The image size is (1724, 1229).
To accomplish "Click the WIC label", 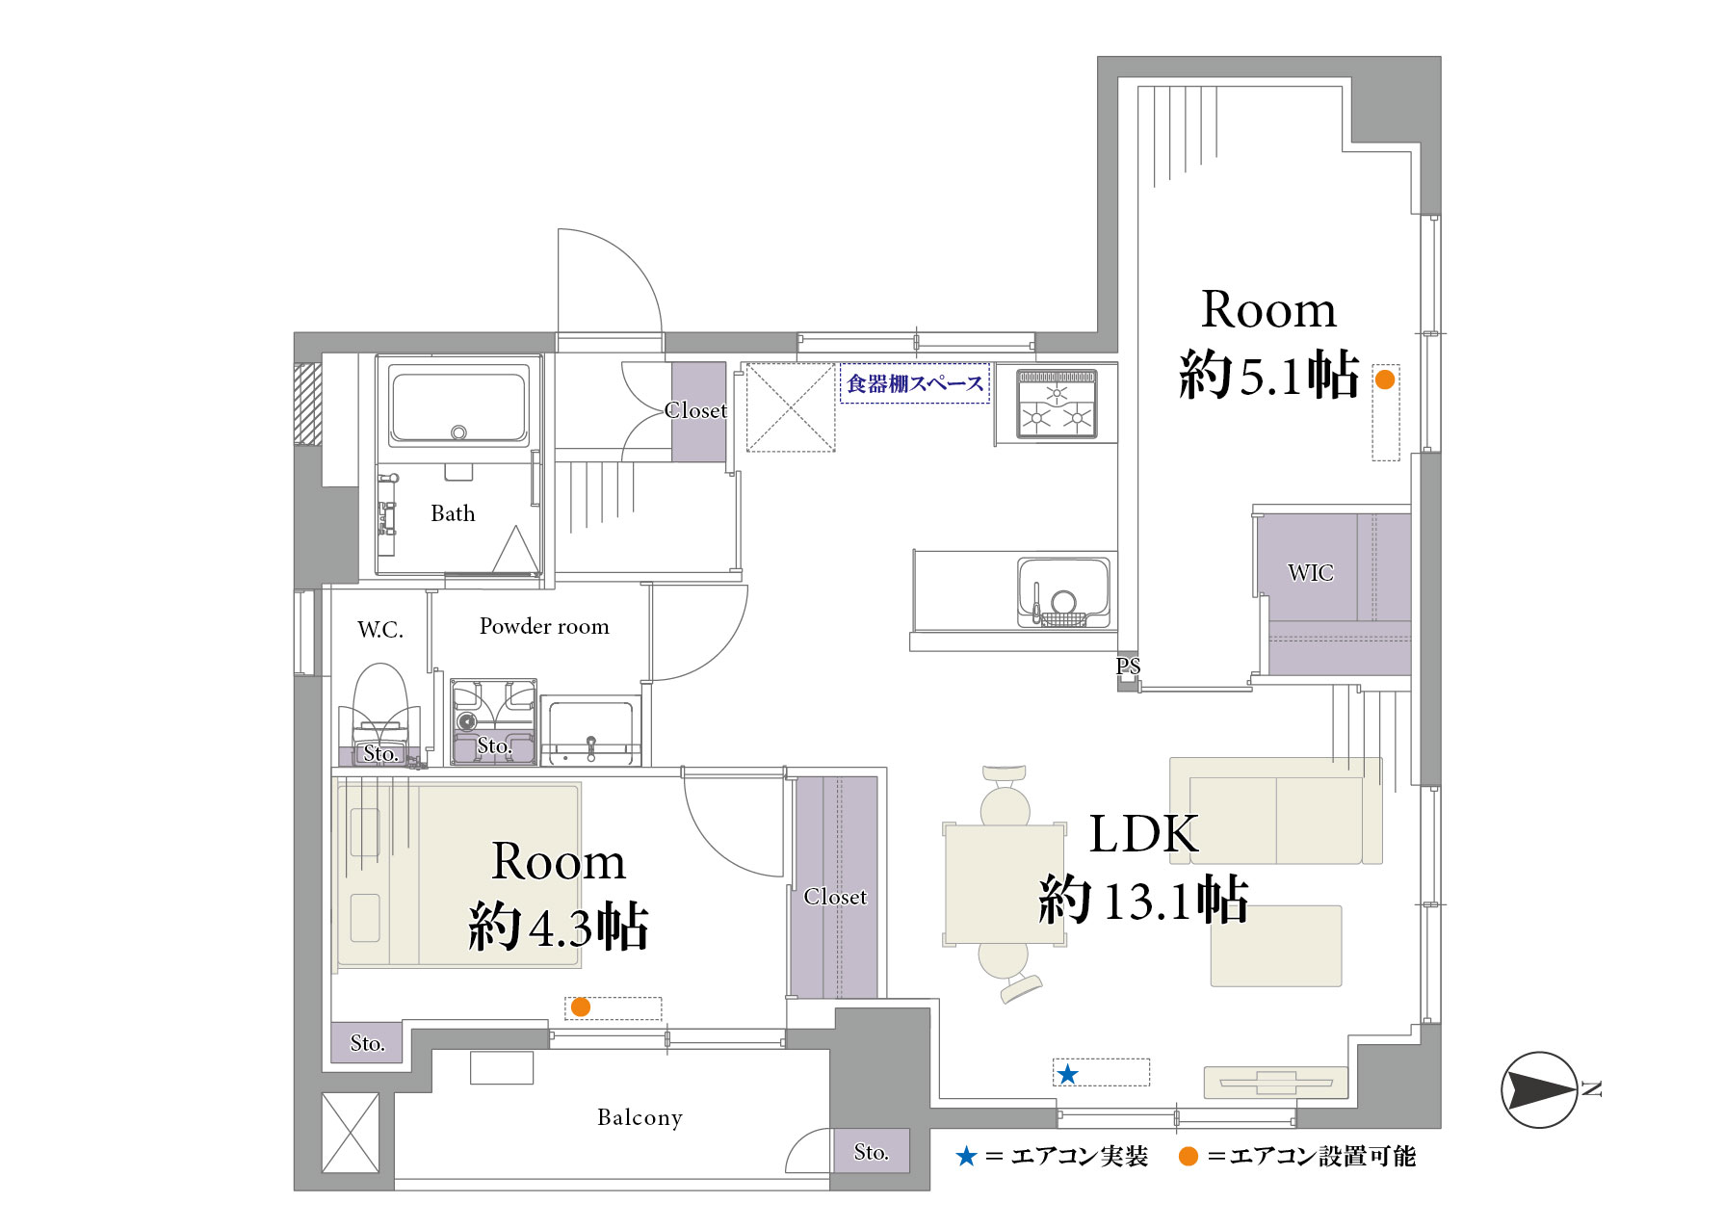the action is pyautogui.click(x=1310, y=572).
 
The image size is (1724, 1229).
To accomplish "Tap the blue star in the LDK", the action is pyautogui.click(x=1067, y=1074).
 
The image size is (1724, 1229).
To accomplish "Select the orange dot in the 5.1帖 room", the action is pyautogui.click(x=1384, y=379).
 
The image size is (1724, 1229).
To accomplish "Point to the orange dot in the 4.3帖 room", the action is pyautogui.click(x=580, y=1007).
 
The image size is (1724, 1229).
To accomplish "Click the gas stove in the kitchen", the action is pyautogui.click(x=1057, y=403).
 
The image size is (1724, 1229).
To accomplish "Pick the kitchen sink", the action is pyautogui.click(x=1063, y=591).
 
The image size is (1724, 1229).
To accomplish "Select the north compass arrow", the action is pyautogui.click(x=1539, y=1089).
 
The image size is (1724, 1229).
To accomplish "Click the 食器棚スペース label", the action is pyautogui.click(x=915, y=383).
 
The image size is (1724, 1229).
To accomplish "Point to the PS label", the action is pyautogui.click(x=1128, y=666).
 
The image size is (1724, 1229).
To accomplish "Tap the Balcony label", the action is pyautogui.click(x=640, y=1117).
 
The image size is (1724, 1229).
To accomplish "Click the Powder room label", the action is pyautogui.click(x=544, y=626).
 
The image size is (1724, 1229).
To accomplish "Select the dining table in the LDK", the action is pyautogui.click(x=1005, y=883).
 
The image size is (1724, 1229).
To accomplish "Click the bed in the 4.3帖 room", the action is pyautogui.click(x=458, y=875).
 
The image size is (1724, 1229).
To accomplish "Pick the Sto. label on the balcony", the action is pyautogui.click(x=871, y=1152).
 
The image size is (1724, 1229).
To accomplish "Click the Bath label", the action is pyautogui.click(x=453, y=513).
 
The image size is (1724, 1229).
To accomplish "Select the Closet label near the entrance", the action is pyautogui.click(x=695, y=410).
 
